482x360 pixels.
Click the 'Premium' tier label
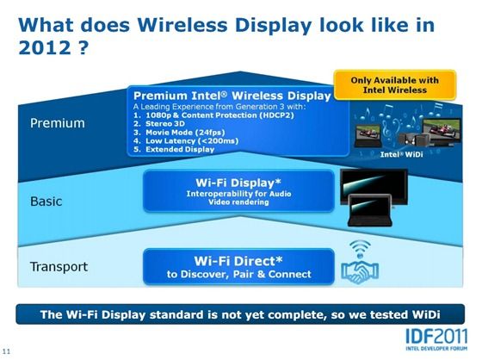(x=58, y=123)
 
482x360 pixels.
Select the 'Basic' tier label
(x=46, y=202)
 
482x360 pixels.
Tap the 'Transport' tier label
(x=59, y=267)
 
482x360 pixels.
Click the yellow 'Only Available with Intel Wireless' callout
(x=395, y=85)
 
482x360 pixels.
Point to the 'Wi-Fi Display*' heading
(x=238, y=183)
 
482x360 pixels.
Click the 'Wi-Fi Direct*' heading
(x=238, y=261)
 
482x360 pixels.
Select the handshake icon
(x=360, y=271)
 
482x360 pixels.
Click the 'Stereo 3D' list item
(x=165, y=124)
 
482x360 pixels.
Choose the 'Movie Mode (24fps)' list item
(x=185, y=133)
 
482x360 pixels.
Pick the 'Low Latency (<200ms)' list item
(x=192, y=141)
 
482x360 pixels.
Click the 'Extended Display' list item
(x=180, y=149)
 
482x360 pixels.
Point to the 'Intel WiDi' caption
(x=401, y=154)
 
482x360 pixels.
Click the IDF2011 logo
(x=436, y=339)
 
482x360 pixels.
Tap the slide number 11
(x=6, y=351)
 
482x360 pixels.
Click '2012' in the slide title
(x=45, y=47)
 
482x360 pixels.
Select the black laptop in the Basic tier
(x=370, y=211)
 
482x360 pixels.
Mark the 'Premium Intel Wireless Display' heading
(x=232, y=96)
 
